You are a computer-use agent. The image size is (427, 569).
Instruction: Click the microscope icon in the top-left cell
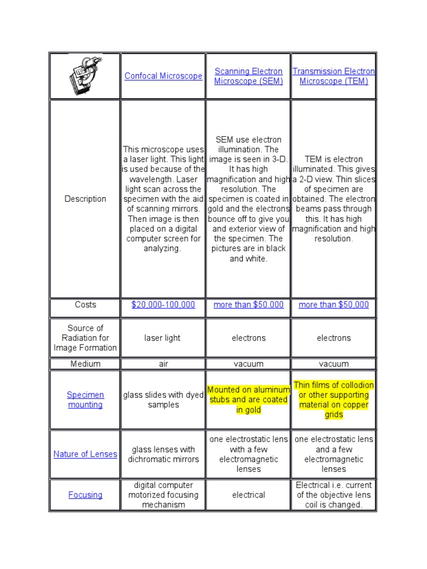[x=85, y=76]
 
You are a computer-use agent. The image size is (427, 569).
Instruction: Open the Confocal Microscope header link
[x=163, y=76]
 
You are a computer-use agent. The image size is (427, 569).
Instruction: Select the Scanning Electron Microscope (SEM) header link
[x=249, y=76]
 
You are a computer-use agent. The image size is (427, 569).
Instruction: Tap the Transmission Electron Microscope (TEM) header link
[x=334, y=76]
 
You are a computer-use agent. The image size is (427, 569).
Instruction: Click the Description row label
[x=85, y=199]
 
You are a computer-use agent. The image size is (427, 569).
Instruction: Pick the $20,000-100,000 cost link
[x=163, y=305]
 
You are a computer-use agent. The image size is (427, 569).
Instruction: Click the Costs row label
[x=85, y=305]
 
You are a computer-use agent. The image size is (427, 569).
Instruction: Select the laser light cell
[x=162, y=338]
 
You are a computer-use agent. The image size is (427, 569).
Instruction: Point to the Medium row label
[x=85, y=364]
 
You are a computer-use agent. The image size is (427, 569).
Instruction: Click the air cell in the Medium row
[x=163, y=364]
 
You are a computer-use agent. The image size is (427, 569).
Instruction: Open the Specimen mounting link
[x=85, y=400]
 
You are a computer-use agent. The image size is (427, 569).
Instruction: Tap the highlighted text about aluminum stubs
[x=249, y=400]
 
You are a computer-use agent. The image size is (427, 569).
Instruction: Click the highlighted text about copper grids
[x=334, y=400]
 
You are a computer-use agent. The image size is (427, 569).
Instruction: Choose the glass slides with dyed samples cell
[x=163, y=400]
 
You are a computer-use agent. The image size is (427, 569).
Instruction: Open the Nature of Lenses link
[x=85, y=454]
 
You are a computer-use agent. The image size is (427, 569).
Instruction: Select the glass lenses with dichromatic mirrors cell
[x=163, y=454]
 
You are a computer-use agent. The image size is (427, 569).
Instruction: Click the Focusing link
[x=85, y=495]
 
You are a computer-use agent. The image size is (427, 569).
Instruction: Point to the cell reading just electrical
[x=249, y=495]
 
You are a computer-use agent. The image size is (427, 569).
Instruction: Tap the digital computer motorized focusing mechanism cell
[x=163, y=495]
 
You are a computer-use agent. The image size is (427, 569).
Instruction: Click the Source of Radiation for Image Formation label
[x=85, y=338]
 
